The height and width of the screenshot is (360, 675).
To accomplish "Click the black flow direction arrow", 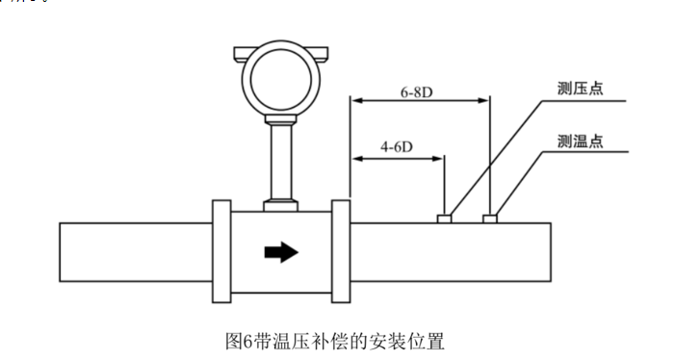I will (281, 252).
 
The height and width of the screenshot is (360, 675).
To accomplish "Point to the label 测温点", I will (580, 141).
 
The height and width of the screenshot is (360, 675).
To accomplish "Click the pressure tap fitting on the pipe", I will (445, 219).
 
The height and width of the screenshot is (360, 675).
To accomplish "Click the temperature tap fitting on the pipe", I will (490, 219).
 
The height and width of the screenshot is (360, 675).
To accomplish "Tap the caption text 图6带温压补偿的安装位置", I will (334, 341).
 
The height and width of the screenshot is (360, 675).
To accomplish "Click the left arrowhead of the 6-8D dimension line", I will (355, 100).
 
